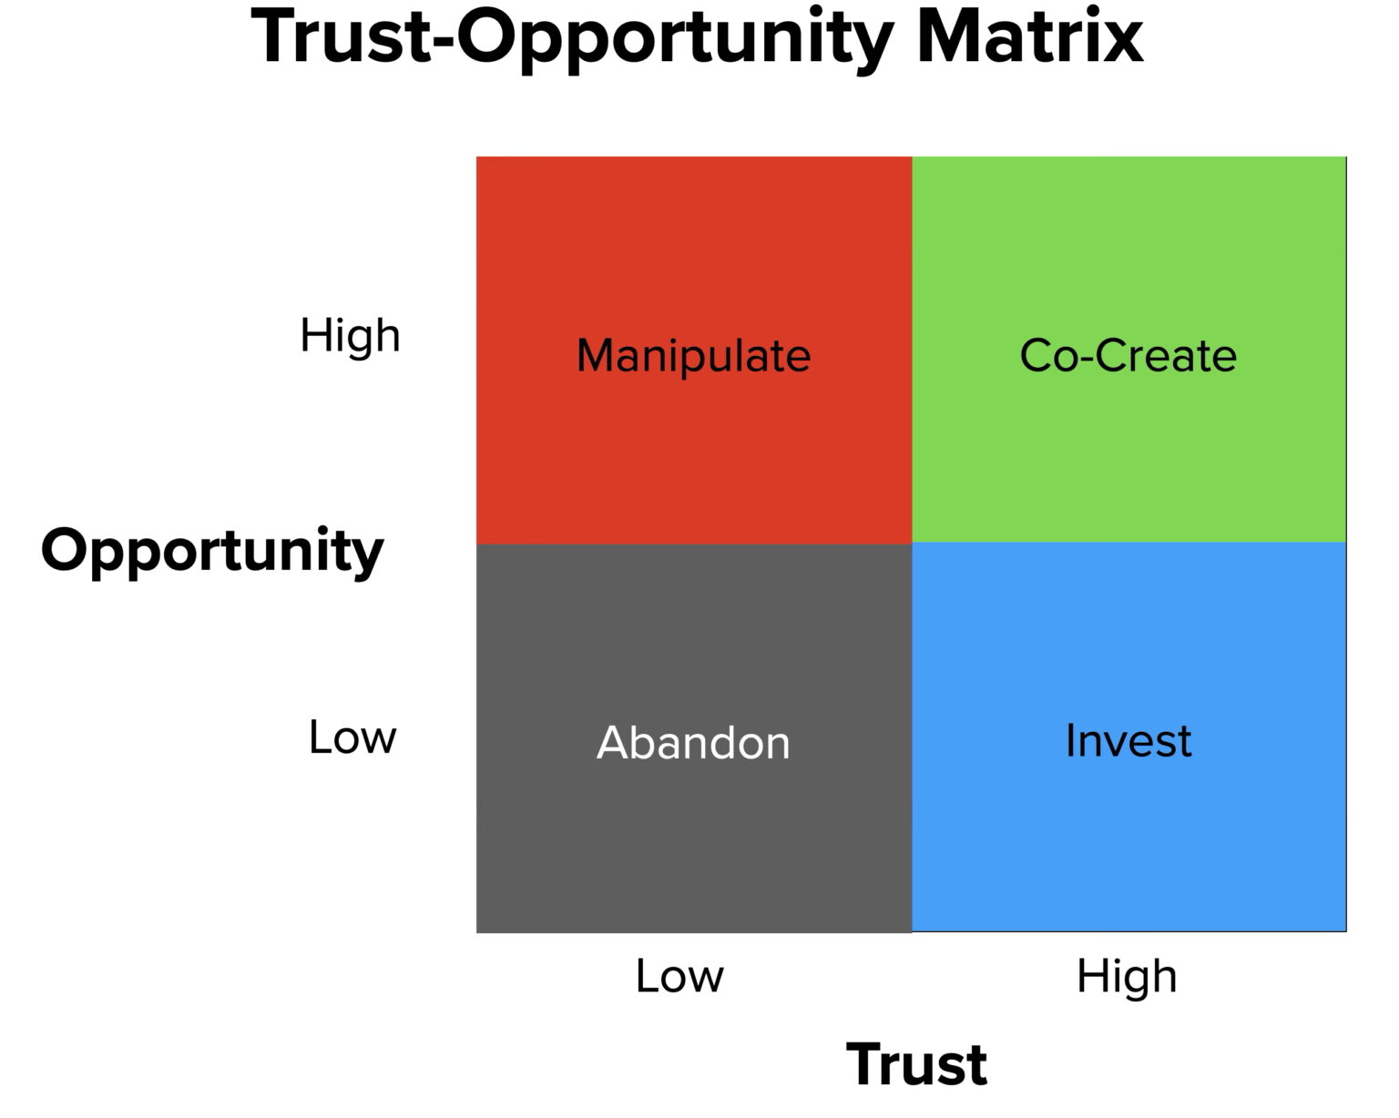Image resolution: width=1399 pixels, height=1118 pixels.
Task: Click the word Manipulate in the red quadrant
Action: click(693, 355)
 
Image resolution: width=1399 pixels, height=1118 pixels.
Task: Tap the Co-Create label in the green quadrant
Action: click(1128, 355)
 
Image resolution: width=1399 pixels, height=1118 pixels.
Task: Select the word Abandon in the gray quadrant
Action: click(693, 742)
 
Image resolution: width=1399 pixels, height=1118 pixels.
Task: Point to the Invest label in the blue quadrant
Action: click(1128, 740)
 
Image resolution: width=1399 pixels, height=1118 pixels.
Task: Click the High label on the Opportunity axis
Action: click(350, 335)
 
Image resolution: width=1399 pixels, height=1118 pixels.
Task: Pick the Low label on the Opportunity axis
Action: click(352, 737)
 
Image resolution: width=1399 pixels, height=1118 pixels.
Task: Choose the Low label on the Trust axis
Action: click(679, 976)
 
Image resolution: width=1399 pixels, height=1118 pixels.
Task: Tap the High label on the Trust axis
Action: click(1127, 976)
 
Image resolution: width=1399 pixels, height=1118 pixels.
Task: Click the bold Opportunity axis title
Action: click(212, 552)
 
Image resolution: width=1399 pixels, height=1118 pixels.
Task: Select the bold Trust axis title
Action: click(916, 1063)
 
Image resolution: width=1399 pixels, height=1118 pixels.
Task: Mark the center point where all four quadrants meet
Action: click(912, 544)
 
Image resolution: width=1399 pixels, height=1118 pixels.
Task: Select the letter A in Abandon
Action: click(613, 742)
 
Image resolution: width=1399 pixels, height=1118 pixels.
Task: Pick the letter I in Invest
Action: click(1071, 740)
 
